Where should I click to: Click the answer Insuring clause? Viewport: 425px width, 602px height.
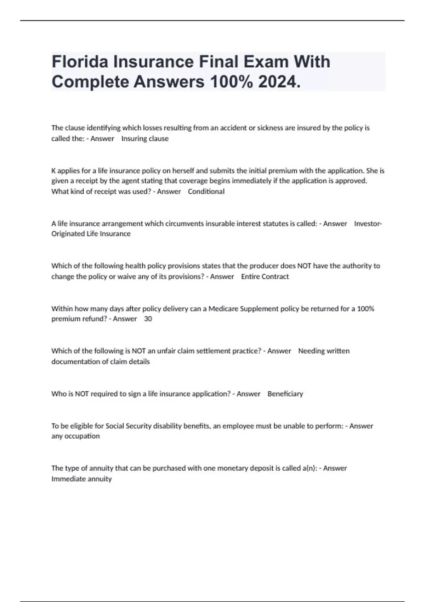coord(145,138)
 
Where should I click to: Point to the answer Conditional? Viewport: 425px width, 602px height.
coord(206,192)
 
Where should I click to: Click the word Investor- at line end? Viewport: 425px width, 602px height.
coord(368,223)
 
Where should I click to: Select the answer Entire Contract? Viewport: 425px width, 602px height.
coord(265,277)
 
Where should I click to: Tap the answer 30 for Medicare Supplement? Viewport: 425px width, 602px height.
coord(148,319)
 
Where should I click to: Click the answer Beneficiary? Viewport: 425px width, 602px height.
coord(285,394)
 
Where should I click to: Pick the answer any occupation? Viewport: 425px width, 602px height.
coord(75,436)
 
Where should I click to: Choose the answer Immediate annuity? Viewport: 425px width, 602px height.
coord(81,479)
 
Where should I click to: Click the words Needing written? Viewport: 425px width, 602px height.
coord(324,351)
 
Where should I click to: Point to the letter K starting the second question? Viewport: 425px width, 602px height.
coord(53,171)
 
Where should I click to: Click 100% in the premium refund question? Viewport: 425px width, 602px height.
coord(365,308)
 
